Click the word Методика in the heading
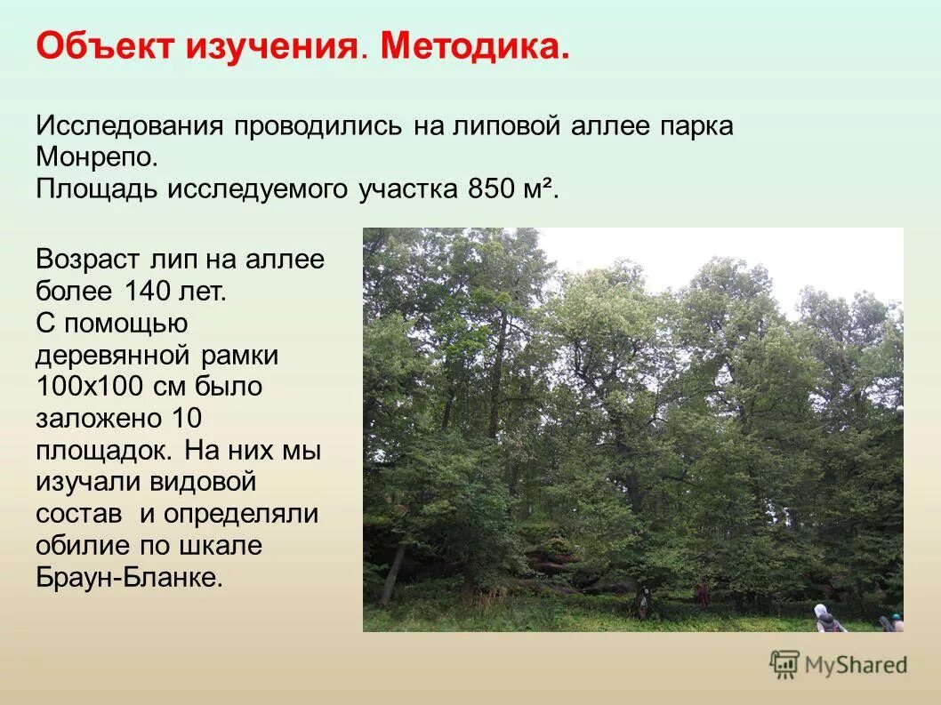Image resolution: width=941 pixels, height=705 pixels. pos(475,46)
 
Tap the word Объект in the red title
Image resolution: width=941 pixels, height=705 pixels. pos(105,46)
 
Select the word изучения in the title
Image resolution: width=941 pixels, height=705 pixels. pos(270,48)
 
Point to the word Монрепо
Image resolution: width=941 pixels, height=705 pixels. pos(96,157)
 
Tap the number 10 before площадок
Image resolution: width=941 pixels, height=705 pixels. pos(184,419)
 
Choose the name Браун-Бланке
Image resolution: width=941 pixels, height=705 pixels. pos(128,577)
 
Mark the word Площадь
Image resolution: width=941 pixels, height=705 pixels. pos(96,189)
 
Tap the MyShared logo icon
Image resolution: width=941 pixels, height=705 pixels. pos(784,664)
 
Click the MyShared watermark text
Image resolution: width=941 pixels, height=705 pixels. pos(856,665)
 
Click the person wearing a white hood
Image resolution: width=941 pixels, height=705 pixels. pos(825,619)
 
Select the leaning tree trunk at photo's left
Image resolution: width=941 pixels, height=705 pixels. pos(392,573)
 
